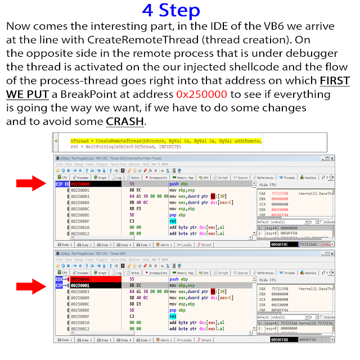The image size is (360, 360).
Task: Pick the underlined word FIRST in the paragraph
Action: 334,80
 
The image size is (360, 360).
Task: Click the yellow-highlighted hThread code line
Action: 165,140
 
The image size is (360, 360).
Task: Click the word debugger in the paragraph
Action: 307,53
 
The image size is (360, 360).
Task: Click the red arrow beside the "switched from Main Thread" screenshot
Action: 31,182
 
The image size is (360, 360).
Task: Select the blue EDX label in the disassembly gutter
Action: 60,279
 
